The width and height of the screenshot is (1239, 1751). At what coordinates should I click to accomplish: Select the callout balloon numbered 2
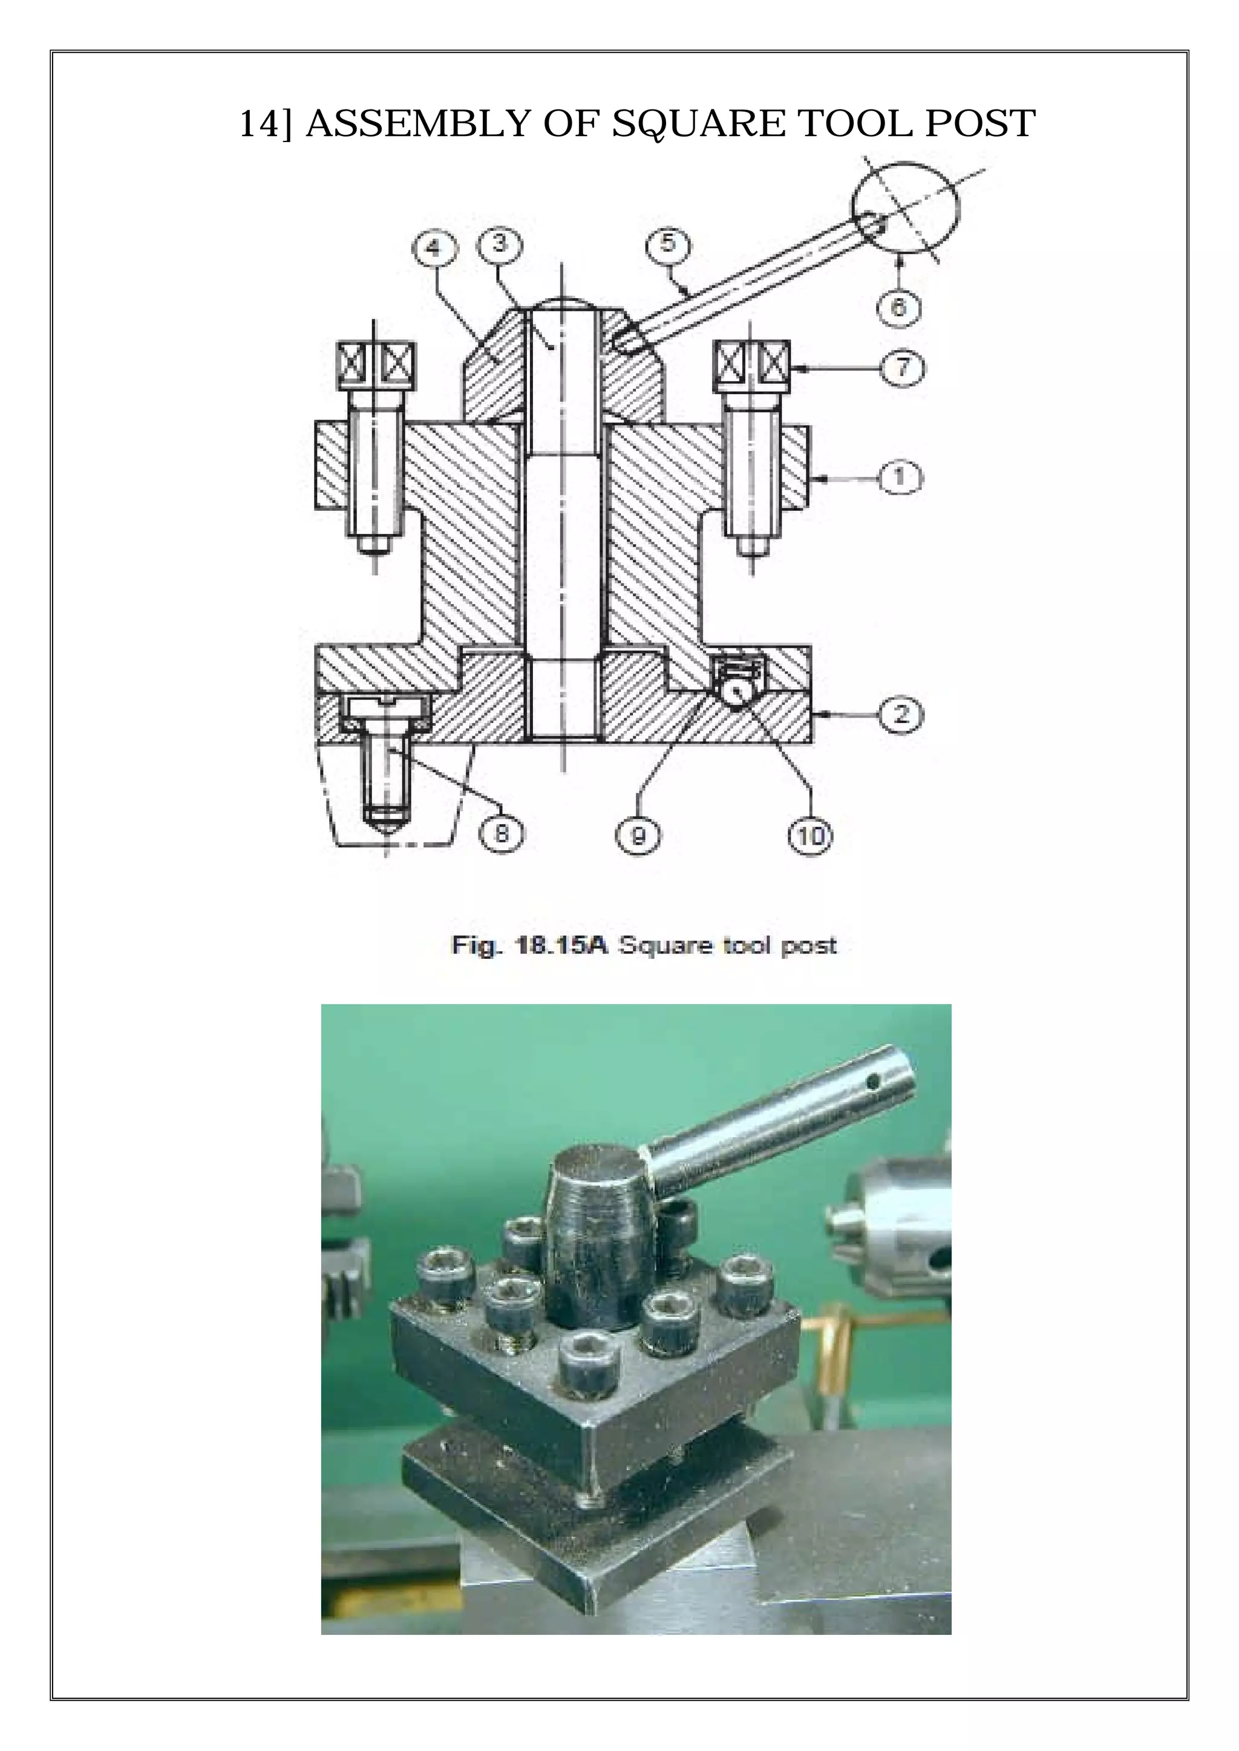[x=901, y=715]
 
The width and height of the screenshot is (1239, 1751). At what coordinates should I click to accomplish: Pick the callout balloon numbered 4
[x=433, y=248]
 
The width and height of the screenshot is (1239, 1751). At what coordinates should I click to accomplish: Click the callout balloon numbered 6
[x=899, y=307]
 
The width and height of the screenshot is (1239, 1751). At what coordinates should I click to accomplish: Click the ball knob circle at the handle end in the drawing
[x=906, y=206]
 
